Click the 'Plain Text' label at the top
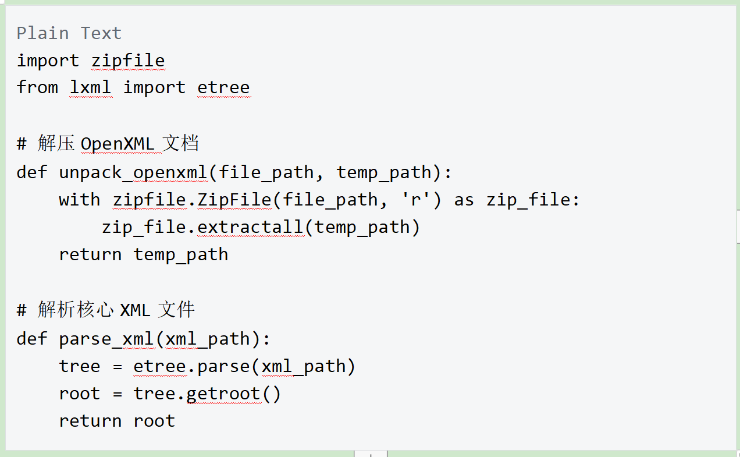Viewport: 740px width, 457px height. click(x=69, y=33)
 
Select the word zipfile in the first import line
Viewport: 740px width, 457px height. click(x=128, y=61)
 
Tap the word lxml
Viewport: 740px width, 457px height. click(x=91, y=87)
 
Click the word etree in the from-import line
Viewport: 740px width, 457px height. click(x=223, y=88)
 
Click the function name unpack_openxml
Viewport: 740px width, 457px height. click(x=133, y=173)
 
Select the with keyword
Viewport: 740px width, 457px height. click(x=80, y=200)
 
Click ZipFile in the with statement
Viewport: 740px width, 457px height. click(x=234, y=200)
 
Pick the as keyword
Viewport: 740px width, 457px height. click(x=464, y=200)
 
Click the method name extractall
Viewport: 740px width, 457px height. click(x=250, y=227)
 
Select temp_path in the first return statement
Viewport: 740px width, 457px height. click(x=181, y=255)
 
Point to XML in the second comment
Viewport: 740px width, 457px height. click(x=135, y=310)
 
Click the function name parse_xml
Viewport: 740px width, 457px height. click(x=106, y=339)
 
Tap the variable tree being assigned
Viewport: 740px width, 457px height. click(x=80, y=366)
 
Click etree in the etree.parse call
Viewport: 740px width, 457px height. click(x=159, y=366)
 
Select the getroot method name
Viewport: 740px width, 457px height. click(x=223, y=394)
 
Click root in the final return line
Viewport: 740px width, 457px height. click(x=154, y=421)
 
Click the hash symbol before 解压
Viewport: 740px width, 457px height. click(x=22, y=144)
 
